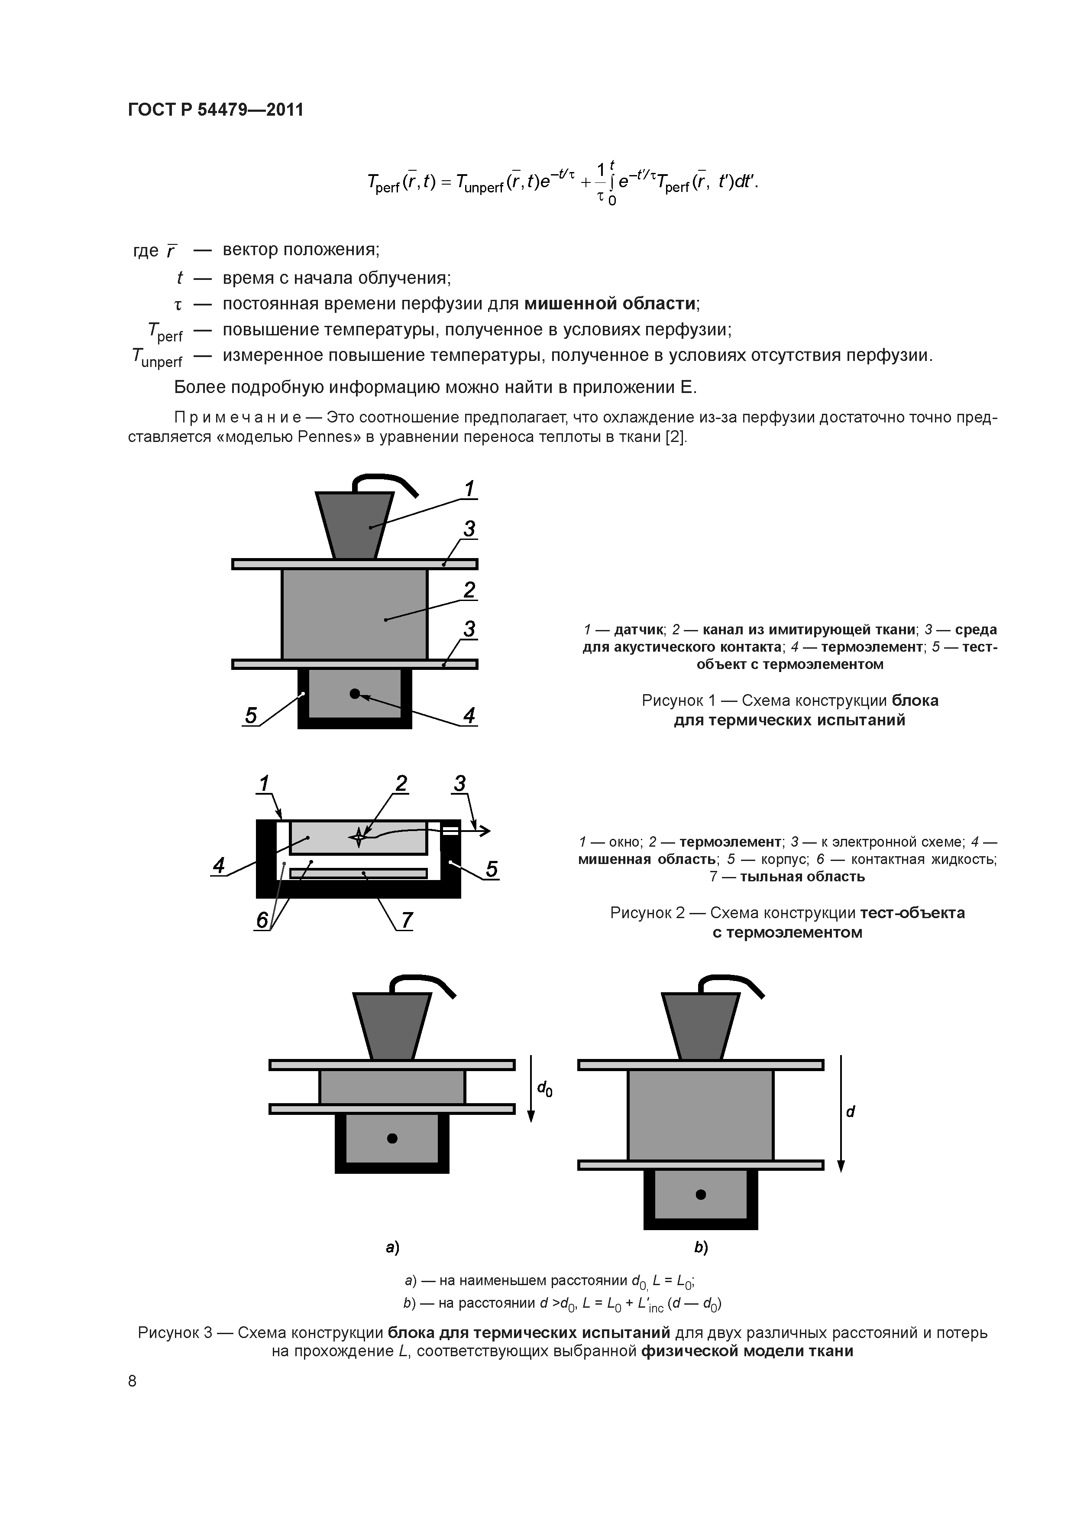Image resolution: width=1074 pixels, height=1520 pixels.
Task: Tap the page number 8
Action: coord(133,1380)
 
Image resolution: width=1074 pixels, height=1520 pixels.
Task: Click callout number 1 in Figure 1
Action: coord(469,489)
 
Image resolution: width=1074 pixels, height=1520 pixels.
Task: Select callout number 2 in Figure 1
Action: coord(469,589)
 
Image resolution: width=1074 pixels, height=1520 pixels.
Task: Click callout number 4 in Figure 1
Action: coord(469,716)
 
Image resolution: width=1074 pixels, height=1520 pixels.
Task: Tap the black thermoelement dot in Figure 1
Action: coord(355,694)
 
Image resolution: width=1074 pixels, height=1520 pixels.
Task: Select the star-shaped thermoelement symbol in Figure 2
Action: coord(358,837)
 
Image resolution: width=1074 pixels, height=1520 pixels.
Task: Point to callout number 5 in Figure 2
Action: coord(491,869)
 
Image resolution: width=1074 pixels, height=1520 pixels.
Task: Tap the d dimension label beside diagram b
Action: coord(851,1111)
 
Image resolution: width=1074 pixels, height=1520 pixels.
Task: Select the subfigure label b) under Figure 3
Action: coord(701,1247)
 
